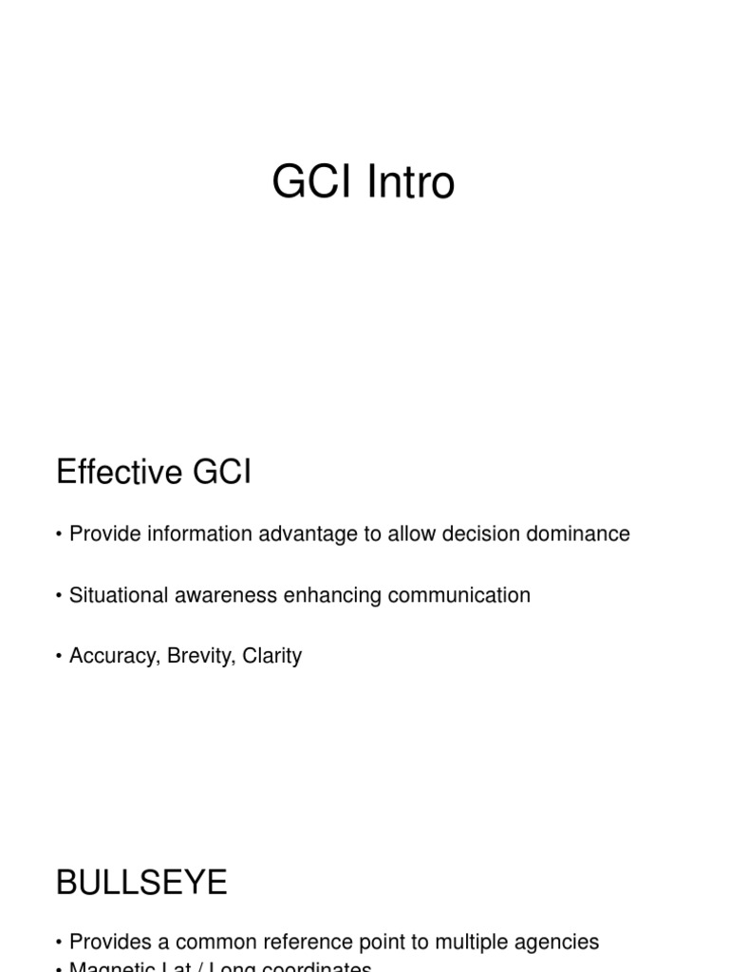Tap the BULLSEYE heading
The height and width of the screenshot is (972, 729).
[141, 883]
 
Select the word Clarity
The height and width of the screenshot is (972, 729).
[272, 656]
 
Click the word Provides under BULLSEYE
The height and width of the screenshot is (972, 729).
[108, 942]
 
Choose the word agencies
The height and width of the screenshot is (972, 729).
[558, 942]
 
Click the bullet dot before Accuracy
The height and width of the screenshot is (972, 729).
[60, 656]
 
